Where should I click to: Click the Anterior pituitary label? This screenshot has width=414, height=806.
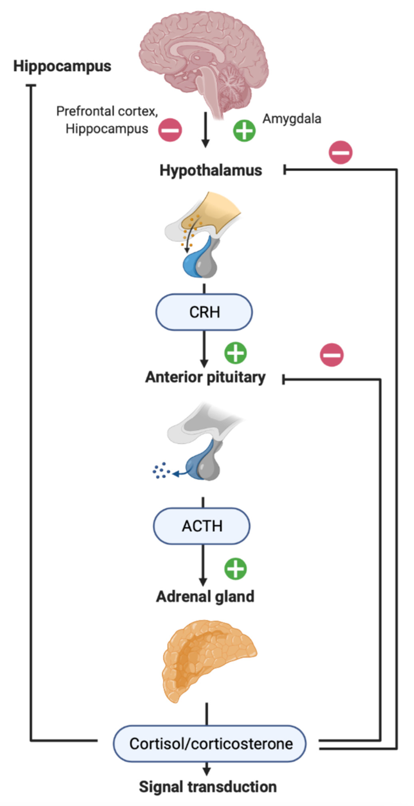(x=205, y=377)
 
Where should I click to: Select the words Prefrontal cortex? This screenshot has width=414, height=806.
(x=107, y=111)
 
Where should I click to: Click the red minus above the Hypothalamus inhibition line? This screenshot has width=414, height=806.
(x=340, y=152)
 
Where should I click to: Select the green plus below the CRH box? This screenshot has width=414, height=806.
(x=235, y=353)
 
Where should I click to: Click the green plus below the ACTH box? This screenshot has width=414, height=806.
(x=235, y=569)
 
